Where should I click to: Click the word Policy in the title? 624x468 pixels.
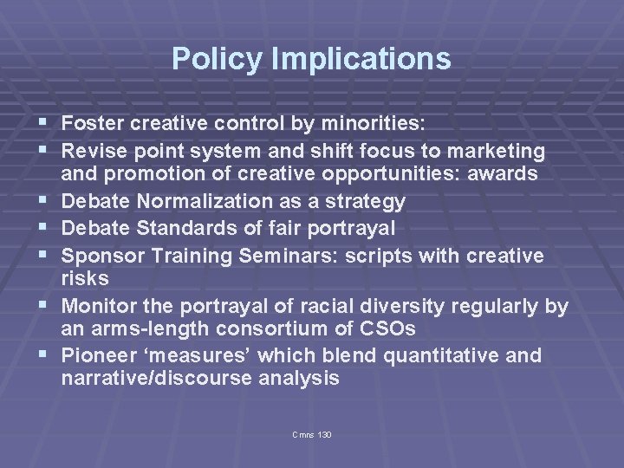205,59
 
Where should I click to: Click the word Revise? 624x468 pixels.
94,152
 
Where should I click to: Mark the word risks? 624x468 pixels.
85,278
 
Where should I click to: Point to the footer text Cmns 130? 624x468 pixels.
312,433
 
